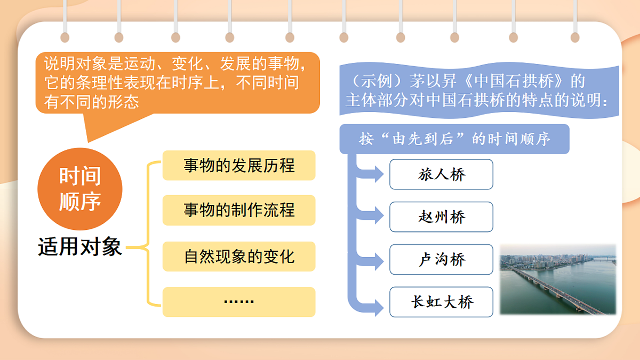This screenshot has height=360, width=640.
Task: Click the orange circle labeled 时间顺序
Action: tap(79, 189)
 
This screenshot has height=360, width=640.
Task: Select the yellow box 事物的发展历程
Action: tap(239, 165)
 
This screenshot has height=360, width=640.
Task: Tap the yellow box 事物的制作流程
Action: tap(239, 210)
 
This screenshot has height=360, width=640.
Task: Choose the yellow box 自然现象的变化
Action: tap(239, 257)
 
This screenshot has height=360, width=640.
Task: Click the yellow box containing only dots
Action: tap(239, 302)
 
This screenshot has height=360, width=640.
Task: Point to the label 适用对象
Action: tap(80, 247)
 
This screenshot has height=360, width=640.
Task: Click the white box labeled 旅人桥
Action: tap(441, 174)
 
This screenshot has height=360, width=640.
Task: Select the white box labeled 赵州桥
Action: tap(441, 217)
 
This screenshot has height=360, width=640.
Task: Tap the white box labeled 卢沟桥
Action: tap(441, 260)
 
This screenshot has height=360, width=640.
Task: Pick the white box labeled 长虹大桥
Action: tap(441, 302)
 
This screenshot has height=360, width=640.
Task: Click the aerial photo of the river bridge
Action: tap(558, 280)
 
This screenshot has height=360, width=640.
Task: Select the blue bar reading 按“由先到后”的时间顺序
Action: tap(454, 140)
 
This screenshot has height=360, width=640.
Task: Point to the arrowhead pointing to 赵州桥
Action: tap(378, 215)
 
